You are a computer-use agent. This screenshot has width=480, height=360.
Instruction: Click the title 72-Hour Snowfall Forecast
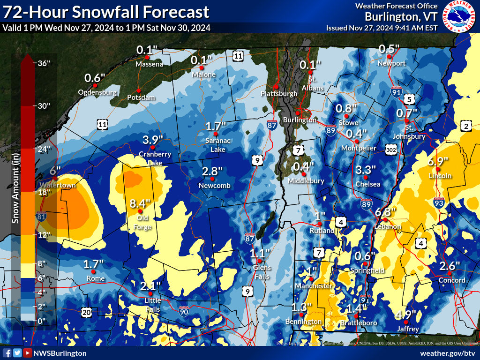(106, 12)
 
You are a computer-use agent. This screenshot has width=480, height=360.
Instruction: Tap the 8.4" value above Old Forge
(140, 204)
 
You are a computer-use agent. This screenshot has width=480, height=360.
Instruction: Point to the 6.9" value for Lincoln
(438, 162)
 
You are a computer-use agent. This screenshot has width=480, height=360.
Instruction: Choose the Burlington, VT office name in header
(401, 17)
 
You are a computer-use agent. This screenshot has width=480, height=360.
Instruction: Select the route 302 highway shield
(392, 149)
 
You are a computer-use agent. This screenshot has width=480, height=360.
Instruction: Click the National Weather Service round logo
(459, 17)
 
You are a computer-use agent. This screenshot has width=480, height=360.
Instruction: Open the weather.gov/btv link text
(448, 353)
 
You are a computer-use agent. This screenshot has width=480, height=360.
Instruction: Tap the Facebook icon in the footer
(7, 353)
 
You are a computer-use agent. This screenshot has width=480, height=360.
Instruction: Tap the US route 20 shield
(86, 312)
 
